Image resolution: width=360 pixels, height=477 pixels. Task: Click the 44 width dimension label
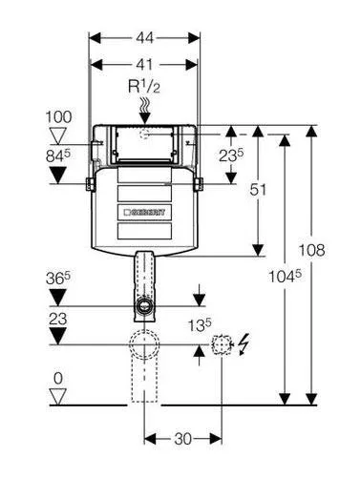pos(144,38)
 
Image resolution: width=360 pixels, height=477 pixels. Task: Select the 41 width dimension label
pos(144,65)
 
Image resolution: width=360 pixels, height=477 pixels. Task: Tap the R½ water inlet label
pos(144,87)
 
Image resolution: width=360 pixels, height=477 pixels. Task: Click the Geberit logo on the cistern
pos(145,212)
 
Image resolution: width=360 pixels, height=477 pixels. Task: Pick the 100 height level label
pos(59,117)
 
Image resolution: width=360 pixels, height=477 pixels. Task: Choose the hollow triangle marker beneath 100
pos(58,135)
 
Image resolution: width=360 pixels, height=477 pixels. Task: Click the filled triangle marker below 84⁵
pos(57,176)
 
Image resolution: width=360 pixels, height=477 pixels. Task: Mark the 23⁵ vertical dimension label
pos(231,156)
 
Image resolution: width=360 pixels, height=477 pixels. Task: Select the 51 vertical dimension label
pos(258,190)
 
